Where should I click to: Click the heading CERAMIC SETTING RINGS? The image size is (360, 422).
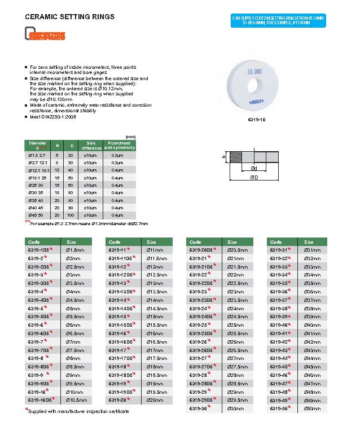(70, 17)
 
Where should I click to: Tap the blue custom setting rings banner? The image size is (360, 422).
(279, 20)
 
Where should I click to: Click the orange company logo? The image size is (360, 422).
(46, 36)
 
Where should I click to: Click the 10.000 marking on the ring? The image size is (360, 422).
(254, 72)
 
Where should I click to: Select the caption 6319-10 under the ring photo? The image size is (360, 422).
(257, 120)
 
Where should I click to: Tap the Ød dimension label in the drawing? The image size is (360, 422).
(254, 168)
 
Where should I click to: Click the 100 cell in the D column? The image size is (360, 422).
(71, 215)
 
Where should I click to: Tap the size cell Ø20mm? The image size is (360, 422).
(154, 399)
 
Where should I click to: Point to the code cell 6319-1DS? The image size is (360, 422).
(40, 249)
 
